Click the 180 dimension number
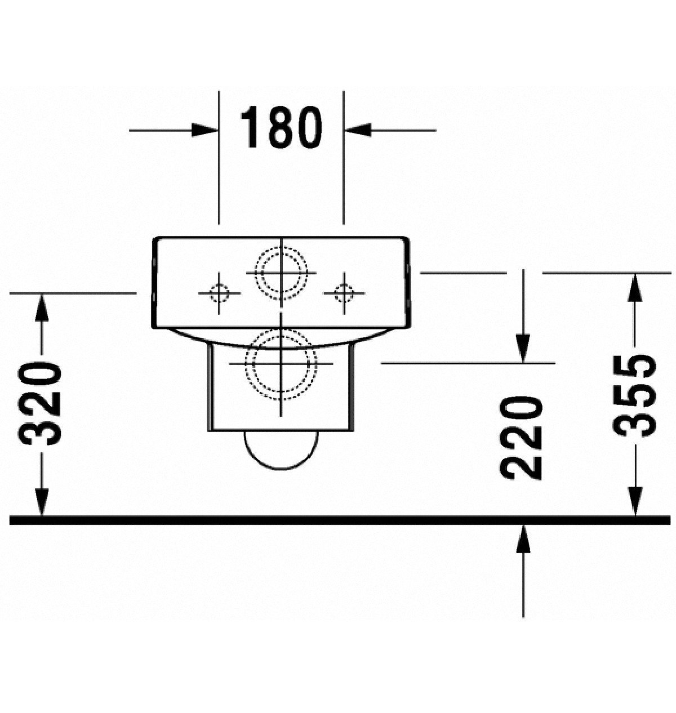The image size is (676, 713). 281,127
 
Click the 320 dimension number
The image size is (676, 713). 39,404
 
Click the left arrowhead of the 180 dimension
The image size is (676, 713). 204,130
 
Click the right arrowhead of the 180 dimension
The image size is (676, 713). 358,130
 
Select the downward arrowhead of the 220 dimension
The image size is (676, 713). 523,349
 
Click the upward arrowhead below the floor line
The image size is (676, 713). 523,539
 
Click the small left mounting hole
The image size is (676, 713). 219,293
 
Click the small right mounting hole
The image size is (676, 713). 344,293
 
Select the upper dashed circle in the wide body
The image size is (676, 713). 281,273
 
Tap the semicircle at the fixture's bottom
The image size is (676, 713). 281,450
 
